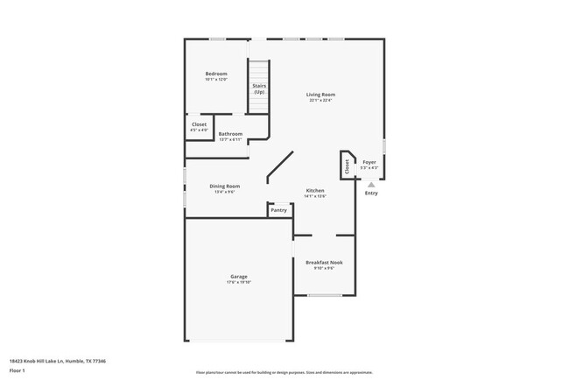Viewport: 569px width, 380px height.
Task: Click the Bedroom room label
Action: tap(216, 73)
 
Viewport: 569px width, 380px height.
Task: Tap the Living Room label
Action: tap(320, 95)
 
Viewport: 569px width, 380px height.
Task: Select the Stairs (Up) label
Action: tap(259, 88)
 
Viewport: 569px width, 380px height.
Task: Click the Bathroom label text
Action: tap(230, 134)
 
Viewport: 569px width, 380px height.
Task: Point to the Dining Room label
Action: tap(224, 186)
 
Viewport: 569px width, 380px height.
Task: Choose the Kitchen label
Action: tap(315, 190)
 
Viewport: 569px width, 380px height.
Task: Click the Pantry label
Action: tap(278, 210)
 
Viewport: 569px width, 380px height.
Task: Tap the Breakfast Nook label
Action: tap(324, 262)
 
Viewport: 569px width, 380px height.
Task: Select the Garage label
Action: tap(239, 276)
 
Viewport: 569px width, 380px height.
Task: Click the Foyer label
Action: tap(369, 162)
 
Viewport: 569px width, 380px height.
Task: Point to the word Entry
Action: tap(371, 193)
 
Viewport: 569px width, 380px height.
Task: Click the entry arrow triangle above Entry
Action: tap(371, 184)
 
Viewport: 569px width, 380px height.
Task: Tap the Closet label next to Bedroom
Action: tap(200, 124)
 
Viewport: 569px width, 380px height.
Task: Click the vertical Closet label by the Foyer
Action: tap(348, 166)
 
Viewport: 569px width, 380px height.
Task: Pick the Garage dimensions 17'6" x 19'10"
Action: tap(239, 282)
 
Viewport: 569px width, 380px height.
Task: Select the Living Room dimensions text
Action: tap(320, 100)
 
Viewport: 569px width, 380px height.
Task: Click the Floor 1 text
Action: tap(18, 370)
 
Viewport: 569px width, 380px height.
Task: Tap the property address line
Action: tap(56, 360)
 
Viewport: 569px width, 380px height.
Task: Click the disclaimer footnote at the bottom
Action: tap(284, 372)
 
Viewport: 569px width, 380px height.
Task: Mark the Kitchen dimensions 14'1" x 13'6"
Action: tap(315, 196)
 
